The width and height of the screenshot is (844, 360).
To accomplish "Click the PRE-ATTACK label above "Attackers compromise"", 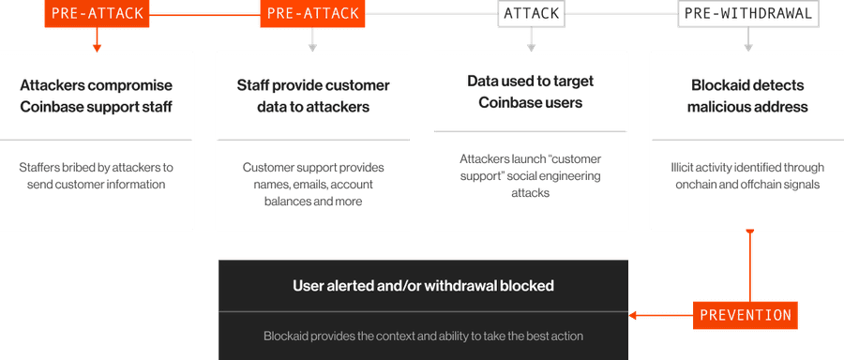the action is pyautogui.click(x=97, y=13).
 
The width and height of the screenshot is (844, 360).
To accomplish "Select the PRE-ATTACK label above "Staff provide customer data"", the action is pyautogui.click(x=312, y=13).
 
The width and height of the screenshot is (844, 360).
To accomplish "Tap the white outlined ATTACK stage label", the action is pyautogui.click(x=532, y=13).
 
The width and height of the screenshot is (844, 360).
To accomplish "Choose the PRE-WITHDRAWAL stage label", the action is pyautogui.click(x=748, y=13).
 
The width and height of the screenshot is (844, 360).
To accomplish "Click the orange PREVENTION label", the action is pyautogui.click(x=746, y=315).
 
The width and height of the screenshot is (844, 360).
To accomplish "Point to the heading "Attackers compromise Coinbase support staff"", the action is pyautogui.click(x=97, y=96).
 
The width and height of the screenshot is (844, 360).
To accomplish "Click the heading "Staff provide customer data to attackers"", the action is pyautogui.click(x=313, y=96).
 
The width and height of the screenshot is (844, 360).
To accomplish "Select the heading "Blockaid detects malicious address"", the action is pyautogui.click(x=747, y=96).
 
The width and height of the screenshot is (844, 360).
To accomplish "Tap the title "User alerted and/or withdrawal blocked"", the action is pyautogui.click(x=423, y=285).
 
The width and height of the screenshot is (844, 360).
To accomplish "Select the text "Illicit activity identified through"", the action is pyautogui.click(x=747, y=168).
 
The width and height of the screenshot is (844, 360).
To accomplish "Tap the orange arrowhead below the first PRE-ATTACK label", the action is pyautogui.click(x=97, y=49).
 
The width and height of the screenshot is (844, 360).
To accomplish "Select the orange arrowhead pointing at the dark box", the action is pyautogui.click(x=633, y=315).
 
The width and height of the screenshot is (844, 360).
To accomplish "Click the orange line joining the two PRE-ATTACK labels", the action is pyautogui.click(x=204, y=13).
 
